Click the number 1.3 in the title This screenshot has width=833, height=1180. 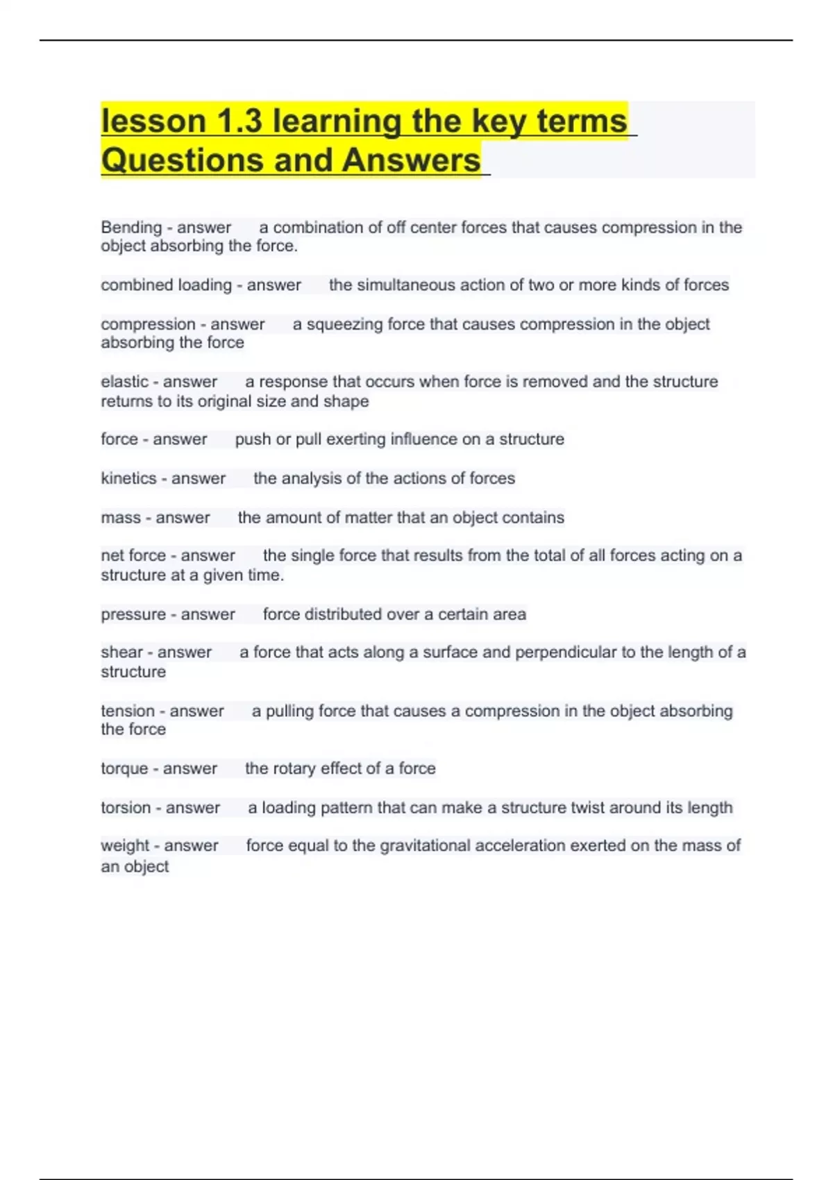click(x=239, y=121)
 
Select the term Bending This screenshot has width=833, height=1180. click(x=131, y=228)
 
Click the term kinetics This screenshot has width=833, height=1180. click(x=128, y=478)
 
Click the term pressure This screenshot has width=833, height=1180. click(x=132, y=614)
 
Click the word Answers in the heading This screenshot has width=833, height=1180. click(x=411, y=160)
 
